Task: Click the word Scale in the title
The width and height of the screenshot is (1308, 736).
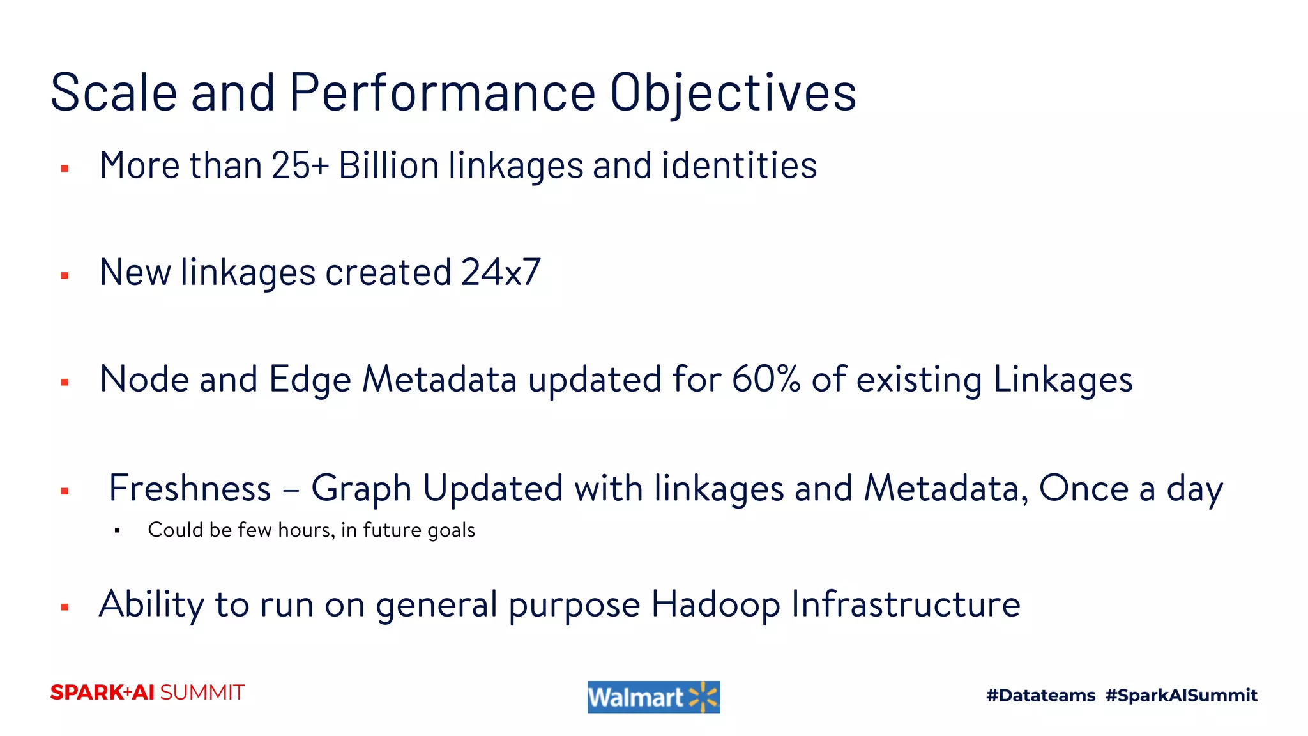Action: pos(114,93)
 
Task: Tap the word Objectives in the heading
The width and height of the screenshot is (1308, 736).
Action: pos(733,94)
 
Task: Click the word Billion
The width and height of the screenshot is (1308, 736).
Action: pos(389,166)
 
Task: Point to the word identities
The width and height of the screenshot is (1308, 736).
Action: pos(739,166)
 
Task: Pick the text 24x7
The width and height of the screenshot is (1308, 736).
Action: pos(501,273)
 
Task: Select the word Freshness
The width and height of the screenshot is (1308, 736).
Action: pos(190,489)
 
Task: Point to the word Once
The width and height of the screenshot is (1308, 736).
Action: pos(1084,489)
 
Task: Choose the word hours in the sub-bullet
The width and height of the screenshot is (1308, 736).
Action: pos(306,530)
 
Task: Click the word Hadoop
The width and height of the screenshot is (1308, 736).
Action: pos(715,605)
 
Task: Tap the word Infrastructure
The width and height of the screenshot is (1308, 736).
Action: pos(905,604)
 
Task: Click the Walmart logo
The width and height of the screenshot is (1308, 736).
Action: pos(653,697)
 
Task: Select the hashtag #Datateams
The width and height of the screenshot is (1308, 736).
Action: pos(1040,695)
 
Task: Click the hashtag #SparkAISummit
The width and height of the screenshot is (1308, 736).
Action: pos(1181,695)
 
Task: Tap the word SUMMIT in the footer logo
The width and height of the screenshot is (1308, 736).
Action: pos(202,693)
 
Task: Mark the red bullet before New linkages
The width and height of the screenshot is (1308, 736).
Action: pos(65,276)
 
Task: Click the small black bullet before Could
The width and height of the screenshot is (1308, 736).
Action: pos(118,530)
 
